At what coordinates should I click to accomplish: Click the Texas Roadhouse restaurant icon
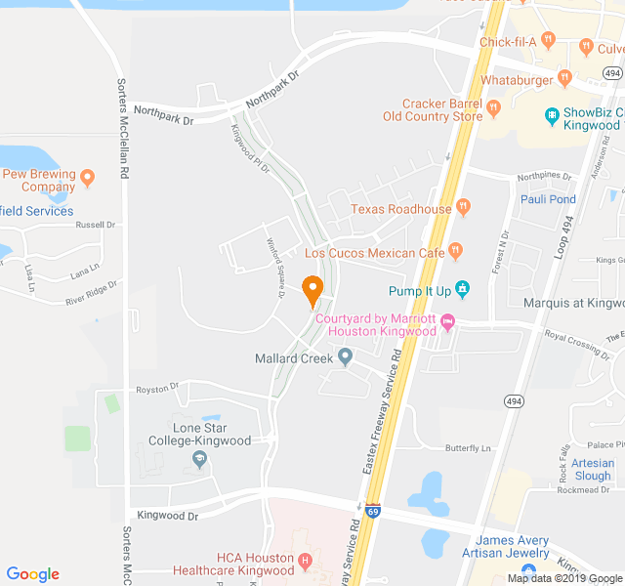coord(463,207)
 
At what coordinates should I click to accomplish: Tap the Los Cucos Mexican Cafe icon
coord(455,252)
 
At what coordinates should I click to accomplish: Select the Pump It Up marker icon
coord(463,289)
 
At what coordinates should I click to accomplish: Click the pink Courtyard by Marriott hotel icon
coord(448,321)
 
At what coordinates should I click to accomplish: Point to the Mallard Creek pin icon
coord(345,358)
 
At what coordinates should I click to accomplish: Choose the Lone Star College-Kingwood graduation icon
coord(200,460)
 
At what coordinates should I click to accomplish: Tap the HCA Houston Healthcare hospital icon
coord(306,562)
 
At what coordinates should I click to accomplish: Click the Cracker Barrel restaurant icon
coord(494,108)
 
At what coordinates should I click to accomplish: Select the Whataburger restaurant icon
coord(564,78)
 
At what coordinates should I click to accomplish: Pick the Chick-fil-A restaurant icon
coord(549,41)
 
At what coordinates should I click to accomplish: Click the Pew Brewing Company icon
coord(88,178)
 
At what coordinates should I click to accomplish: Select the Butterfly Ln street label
coord(468,448)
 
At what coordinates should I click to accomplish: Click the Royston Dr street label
coord(157,388)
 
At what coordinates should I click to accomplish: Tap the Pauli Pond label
coord(548,199)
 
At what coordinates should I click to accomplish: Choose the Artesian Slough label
coord(593,470)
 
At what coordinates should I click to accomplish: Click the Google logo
coord(33,574)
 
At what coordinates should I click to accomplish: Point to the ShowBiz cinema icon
coord(552,114)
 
